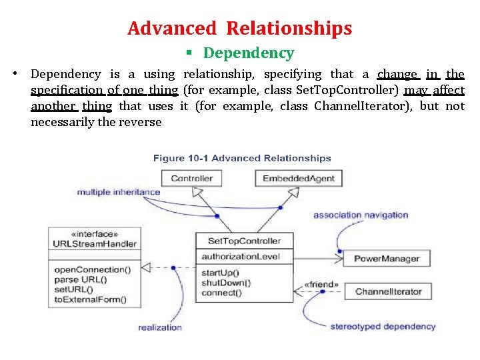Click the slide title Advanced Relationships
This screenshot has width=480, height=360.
[239, 29]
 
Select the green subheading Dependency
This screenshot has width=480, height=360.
[248, 53]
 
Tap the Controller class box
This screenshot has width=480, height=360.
[191, 178]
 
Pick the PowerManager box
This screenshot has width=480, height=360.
[386, 259]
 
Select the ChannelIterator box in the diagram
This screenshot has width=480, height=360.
[388, 291]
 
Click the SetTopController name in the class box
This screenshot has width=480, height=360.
[244, 241]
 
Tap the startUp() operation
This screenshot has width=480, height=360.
[220, 273]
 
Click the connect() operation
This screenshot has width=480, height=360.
[221, 293]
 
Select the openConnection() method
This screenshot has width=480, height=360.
[92, 269]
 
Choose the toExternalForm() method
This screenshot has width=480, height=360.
[90, 299]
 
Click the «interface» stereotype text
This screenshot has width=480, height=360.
[94, 234]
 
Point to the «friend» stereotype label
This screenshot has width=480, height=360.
[321, 285]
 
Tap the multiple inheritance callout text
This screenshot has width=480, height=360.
[119, 192]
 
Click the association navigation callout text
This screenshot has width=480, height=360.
[360, 215]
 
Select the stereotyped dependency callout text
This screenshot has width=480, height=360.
[383, 326]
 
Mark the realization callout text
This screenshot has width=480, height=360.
[160, 327]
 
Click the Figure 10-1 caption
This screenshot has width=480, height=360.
[242, 158]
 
